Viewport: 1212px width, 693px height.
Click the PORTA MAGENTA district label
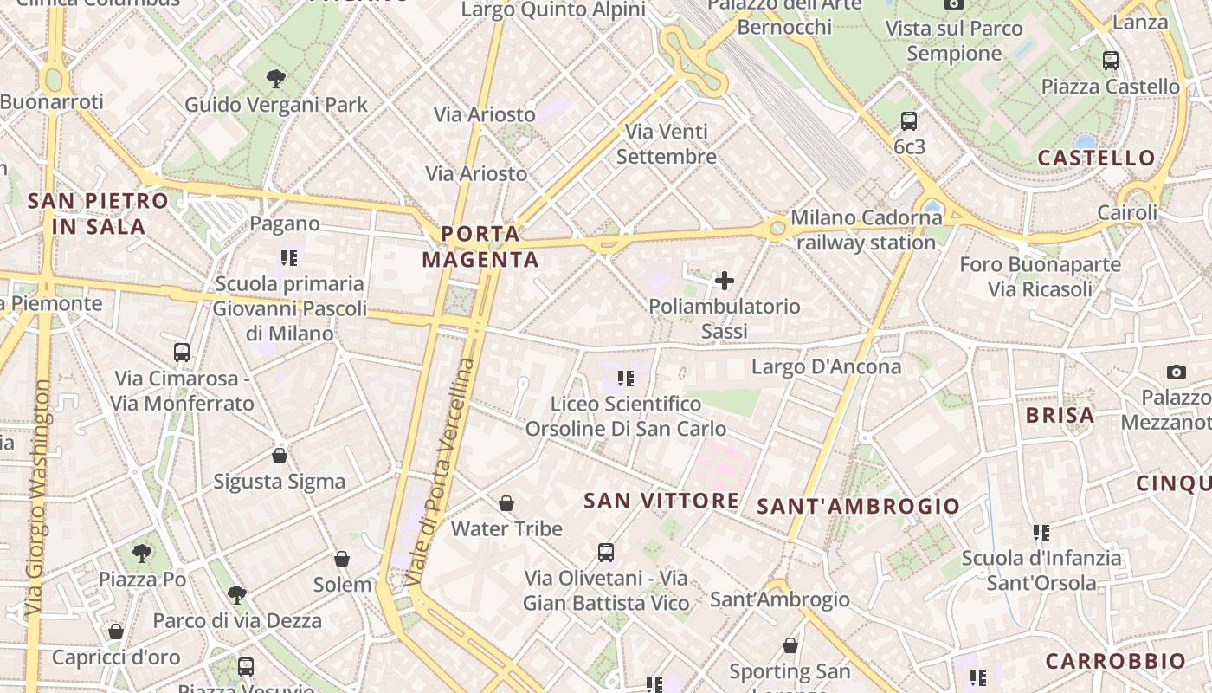[480, 246]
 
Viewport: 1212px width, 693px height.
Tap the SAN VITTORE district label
[661, 501]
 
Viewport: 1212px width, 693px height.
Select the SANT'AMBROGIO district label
[859, 506]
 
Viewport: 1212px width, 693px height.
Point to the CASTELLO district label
[1096, 158]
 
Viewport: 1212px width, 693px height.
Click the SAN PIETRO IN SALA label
[98, 213]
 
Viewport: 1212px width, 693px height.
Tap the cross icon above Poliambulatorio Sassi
[725, 281]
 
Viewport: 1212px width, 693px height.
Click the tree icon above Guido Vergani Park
[276, 79]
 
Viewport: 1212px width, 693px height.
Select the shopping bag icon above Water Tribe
[506, 503]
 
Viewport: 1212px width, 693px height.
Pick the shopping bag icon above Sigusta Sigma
[280, 456]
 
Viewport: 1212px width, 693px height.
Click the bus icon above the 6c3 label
[909, 121]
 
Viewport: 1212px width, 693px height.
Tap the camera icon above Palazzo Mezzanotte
[1176, 372]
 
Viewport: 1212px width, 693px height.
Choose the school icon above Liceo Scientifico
[626, 379]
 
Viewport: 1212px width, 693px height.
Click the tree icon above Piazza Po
[142, 553]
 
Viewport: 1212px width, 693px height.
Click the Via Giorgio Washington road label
[38, 498]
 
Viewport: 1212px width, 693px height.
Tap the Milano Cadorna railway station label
[866, 230]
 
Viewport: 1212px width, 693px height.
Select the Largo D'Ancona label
[826, 366]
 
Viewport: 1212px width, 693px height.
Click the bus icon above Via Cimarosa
[182, 353]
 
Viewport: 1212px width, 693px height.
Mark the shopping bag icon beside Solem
[342, 560]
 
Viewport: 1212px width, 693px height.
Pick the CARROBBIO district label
[1115, 661]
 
